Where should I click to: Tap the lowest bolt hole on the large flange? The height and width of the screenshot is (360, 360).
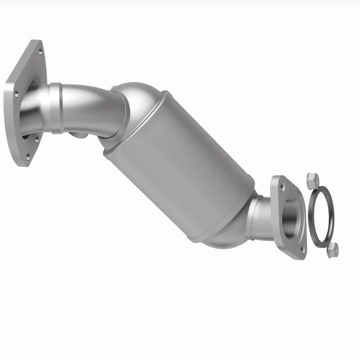pyautogui.click(x=28, y=157)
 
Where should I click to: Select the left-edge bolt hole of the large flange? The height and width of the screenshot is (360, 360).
pyautogui.click(x=15, y=93)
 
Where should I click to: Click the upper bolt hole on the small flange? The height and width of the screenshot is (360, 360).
pyautogui.click(x=282, y=186)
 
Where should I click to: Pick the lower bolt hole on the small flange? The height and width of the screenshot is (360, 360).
pyautogui.click(x=301, y=247)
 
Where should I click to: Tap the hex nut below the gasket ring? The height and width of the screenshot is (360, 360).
pyautogui.click(x=332, y=250)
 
